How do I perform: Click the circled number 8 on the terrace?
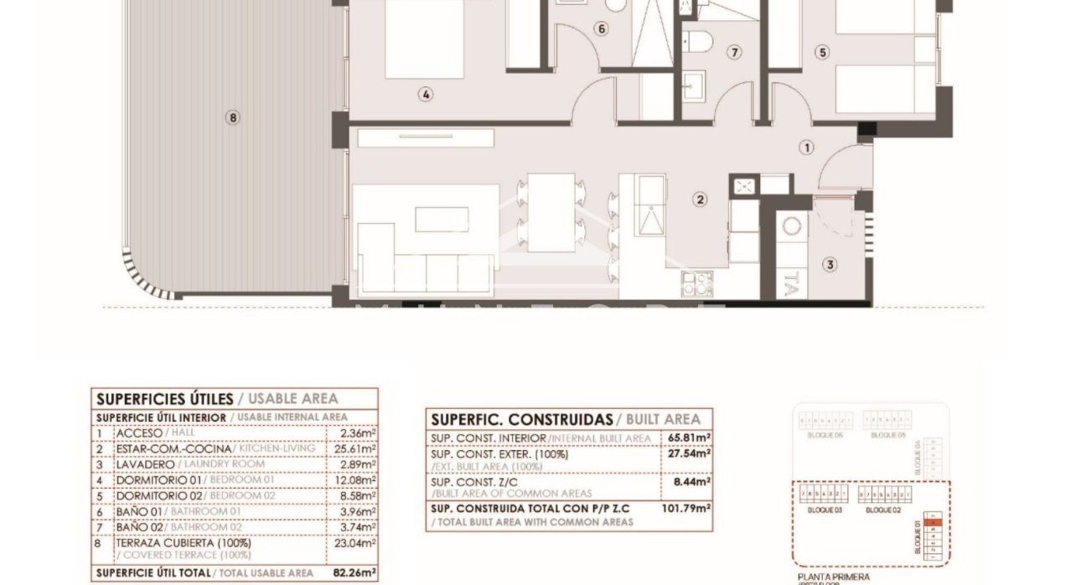click(x=233, y=118)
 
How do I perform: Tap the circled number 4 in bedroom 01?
click(x=426, y=95)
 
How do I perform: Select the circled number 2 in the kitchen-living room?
click(x=699, y=199)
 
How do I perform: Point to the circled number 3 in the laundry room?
click(x=830, y=265)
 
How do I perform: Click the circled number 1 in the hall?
click(x=806, y=148)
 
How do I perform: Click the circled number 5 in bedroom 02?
click(x=822, y=52)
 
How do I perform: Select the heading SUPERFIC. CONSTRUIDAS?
click(x=520, y=419)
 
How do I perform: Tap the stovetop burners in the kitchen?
click(x=694, y=284)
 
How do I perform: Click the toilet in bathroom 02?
click(x=697, y=39)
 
